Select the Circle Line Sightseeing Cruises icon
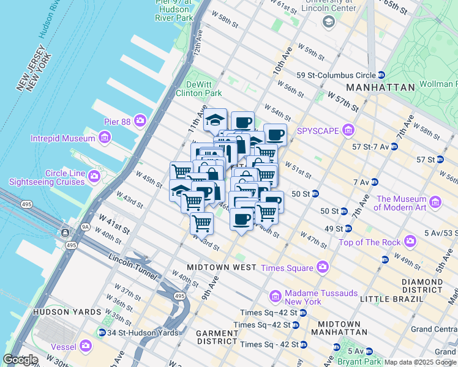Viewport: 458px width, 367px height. [94, 177]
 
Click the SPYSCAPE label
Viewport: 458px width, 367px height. [318, 130]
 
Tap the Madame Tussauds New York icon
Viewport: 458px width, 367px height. [275, 297]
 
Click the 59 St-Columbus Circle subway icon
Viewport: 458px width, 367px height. [381, 75]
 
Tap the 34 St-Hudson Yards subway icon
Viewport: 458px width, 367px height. [102, 333]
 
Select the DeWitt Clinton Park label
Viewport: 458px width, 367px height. [198, 89]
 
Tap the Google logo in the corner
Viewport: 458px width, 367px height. [20, 360]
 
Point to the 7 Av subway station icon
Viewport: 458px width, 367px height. [374, 182]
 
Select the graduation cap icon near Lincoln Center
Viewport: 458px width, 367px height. [329, 22]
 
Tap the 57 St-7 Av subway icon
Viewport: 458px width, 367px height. [394, 147]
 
